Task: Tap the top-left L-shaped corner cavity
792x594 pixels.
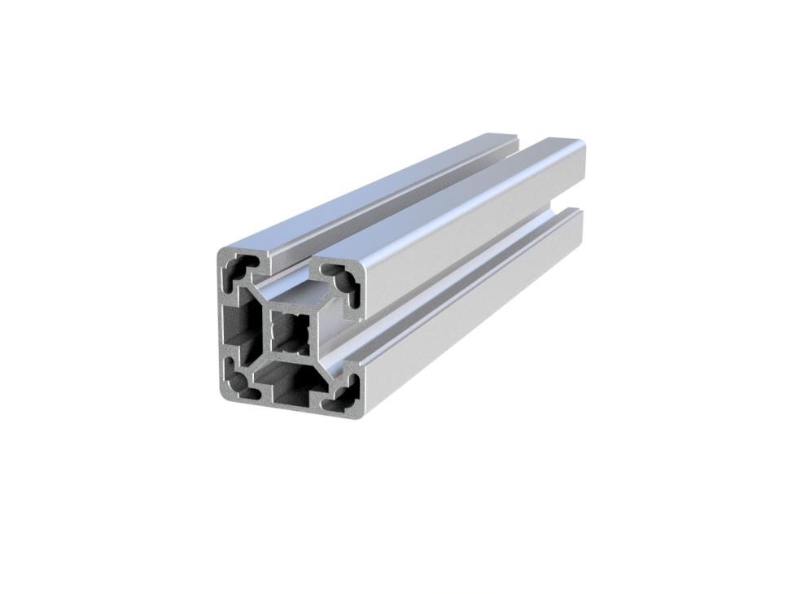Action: coord(241,269)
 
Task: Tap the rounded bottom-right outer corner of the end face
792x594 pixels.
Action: coord(358,412)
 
